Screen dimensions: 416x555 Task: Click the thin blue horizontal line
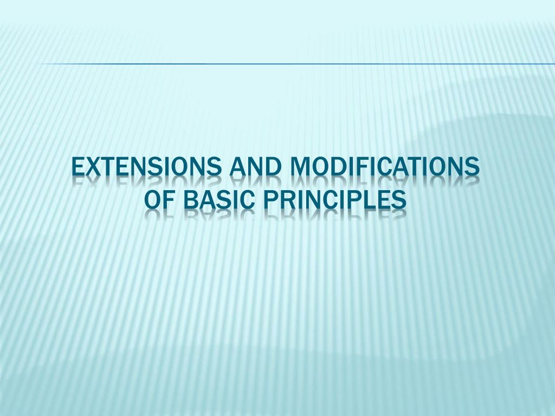pyautogui.click(x=293, y=64)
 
